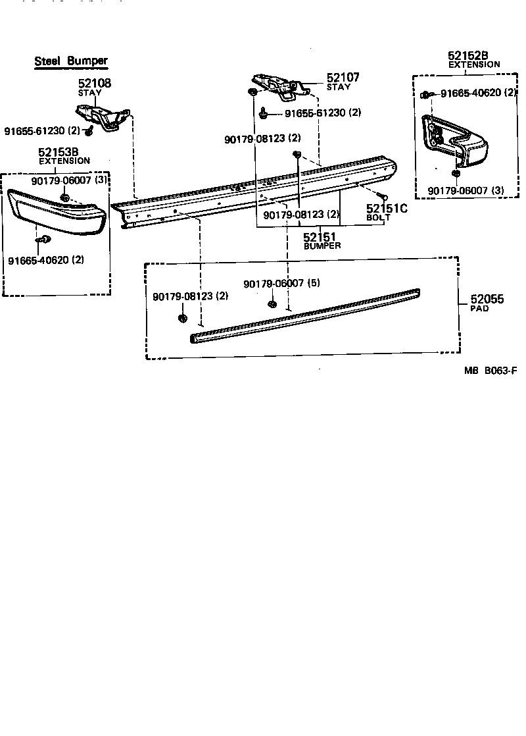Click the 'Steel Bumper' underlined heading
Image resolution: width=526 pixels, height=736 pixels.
(x=71, y=61)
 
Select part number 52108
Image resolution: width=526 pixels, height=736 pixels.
(x=95, y=84)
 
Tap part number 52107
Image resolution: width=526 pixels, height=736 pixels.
(x=343, y=78)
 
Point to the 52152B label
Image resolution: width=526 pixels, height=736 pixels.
(x=467, y=56)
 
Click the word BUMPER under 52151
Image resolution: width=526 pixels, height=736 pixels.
(x=322, y=246)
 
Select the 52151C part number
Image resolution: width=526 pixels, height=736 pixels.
(x=387, y=209)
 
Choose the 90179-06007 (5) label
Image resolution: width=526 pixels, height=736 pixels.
(x=281, y=283)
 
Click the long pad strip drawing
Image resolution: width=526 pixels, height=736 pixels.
(x=306, y=314)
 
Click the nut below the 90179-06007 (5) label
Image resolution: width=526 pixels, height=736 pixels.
(x=272, y=303)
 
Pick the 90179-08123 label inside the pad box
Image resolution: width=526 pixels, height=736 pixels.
(x=191, y=297)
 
